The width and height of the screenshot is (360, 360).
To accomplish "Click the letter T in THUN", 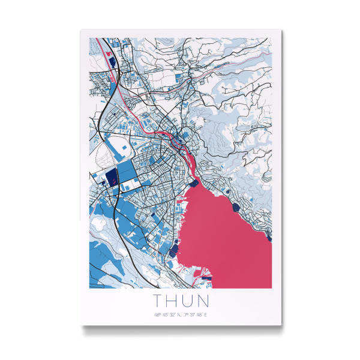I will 158,299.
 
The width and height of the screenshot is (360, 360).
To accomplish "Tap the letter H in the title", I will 173,299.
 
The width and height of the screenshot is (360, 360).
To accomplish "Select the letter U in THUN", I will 188,299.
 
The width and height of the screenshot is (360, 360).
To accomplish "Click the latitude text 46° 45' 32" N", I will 166,314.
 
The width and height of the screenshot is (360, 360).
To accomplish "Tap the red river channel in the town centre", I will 187,157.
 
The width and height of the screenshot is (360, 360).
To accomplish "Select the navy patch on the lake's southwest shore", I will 173,249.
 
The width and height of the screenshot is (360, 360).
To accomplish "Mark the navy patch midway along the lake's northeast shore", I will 234,206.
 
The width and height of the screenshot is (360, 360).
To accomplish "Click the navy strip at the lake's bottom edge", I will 204,278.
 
